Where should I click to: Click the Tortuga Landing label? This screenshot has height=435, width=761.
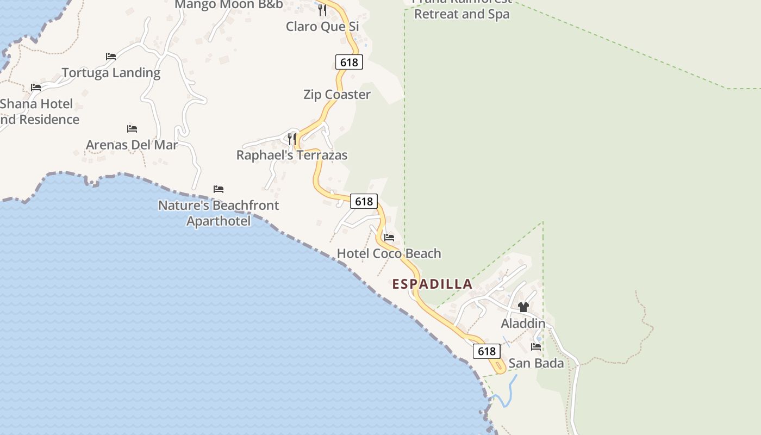pos(111,73)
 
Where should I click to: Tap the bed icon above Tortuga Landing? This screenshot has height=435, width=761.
pos(111,57)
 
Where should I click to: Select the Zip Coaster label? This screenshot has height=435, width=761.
pos(337,95)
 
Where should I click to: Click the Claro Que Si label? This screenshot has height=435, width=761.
pos(322,26)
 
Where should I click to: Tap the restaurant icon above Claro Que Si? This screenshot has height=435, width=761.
pos(322,10)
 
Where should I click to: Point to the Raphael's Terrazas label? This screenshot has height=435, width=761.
pos(292,155)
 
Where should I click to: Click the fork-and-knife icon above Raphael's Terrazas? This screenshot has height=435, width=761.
pos(292,139)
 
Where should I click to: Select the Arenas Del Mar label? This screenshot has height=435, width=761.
pos(132,145)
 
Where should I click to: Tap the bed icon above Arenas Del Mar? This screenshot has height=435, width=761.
pos(132,129)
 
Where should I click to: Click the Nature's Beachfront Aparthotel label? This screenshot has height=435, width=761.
pos(219,213)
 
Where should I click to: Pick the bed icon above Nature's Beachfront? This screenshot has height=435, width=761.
pos(219,189)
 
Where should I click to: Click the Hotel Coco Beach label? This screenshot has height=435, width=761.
pos(389,253)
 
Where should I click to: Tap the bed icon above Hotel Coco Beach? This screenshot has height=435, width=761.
pos(389,238)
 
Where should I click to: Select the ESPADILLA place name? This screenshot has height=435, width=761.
pos(432,284)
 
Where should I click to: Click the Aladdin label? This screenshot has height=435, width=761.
pos(523,324)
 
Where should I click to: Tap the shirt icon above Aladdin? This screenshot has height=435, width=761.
pos(523,307)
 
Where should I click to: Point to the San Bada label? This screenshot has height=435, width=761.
pos(536,363)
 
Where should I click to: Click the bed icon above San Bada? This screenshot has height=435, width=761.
pos(536,347)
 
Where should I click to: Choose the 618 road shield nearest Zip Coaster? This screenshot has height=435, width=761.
pos(349,62)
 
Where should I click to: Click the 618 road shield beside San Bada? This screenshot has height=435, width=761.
pos(486,351)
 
